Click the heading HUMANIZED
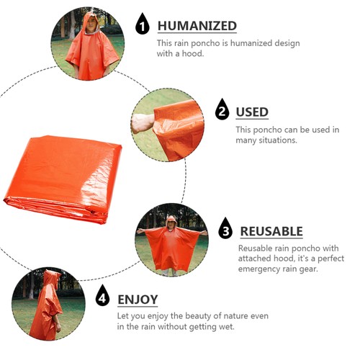[x=197, y=27]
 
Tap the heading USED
[x=252, y=112]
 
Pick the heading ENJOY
[x=138, y=299]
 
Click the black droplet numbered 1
[x=143, y=26]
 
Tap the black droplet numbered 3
[x=226, y=229]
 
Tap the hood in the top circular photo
[x=90, y=21]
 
